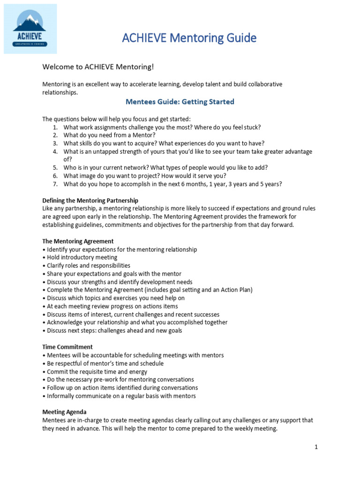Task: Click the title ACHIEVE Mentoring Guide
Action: [189, 38]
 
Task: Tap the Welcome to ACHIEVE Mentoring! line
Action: [98, 67]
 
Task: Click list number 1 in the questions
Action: [55, 127]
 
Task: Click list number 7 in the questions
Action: [55, 184]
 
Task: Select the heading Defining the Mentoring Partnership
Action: [90, 200]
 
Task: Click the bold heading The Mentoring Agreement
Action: [78, 241]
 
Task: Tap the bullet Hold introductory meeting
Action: [82, 257]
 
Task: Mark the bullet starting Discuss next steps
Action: [114, 330]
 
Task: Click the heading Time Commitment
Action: [67, 347]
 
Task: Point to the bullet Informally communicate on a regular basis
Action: [121, 396]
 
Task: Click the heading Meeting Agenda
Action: [65, 412]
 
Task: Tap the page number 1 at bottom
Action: [316, 447]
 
